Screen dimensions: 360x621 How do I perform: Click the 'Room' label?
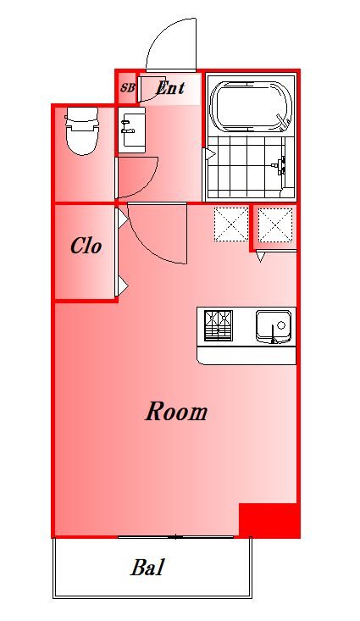click(176, 412)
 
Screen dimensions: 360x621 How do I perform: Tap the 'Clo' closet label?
click(86, 246)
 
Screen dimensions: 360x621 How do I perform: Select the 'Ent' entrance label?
click(170, 87)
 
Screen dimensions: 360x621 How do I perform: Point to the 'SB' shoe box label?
click(128, 88)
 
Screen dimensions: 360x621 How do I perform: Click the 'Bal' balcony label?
click(147, 568)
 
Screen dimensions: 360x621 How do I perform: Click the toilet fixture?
click(81, 130)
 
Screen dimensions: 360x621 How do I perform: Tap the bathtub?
click(251, 106)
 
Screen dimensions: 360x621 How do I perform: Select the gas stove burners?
click(219, 325)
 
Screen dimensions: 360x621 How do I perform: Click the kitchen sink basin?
click(274, 326)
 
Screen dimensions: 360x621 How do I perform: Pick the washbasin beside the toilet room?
click(132, 130)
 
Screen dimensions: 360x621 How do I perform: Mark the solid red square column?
click(269, 520)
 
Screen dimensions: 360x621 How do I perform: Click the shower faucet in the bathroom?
click(280, 166)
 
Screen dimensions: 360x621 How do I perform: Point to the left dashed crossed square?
click(231, 225)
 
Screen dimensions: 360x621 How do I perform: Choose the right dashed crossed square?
click(275, 225)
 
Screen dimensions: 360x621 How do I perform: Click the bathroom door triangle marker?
click(209, 154)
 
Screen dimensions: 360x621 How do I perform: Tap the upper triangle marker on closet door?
click(122, 218)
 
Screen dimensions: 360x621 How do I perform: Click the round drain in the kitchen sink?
click(281, 325)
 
